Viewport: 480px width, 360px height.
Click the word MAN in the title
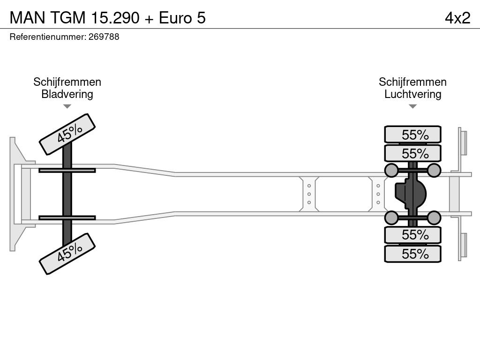28,18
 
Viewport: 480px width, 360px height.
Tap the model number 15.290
115,18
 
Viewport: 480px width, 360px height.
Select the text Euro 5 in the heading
182,18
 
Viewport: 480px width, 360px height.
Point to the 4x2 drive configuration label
457,18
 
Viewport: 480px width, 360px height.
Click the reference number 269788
104,37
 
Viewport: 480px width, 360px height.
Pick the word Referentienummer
48,37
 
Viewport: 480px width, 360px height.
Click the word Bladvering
67,94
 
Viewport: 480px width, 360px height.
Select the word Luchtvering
412,94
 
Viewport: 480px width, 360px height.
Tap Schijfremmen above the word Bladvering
67,82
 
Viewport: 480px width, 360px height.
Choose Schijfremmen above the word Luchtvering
412,82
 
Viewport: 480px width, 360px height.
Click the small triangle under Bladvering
67,106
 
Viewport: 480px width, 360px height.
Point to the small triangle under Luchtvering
412,106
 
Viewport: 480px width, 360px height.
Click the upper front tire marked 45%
67,134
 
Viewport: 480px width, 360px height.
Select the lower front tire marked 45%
67,254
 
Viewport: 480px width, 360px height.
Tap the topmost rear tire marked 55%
412,134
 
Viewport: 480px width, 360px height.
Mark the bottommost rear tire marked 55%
412,254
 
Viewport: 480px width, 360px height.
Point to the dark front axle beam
67,194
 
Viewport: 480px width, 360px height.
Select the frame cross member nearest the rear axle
378,194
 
